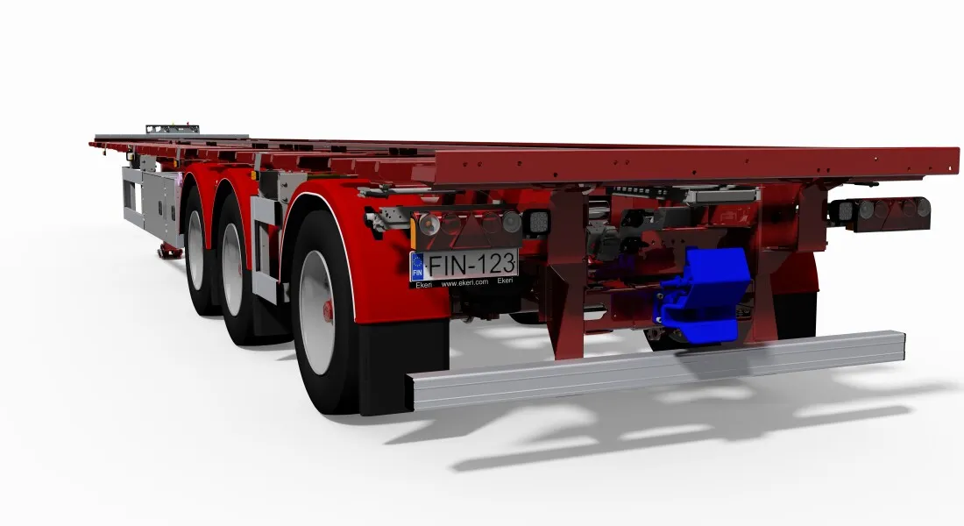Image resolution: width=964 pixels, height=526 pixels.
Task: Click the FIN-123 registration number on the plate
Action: pos(471,265)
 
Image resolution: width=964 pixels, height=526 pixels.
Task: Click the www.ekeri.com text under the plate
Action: pos(464,282)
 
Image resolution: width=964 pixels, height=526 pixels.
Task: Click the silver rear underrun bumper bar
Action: pos(656,368)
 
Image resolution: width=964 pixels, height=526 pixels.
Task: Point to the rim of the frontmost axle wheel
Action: pos(195,249)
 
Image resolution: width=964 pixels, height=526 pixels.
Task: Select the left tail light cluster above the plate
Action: pos(466,224)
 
